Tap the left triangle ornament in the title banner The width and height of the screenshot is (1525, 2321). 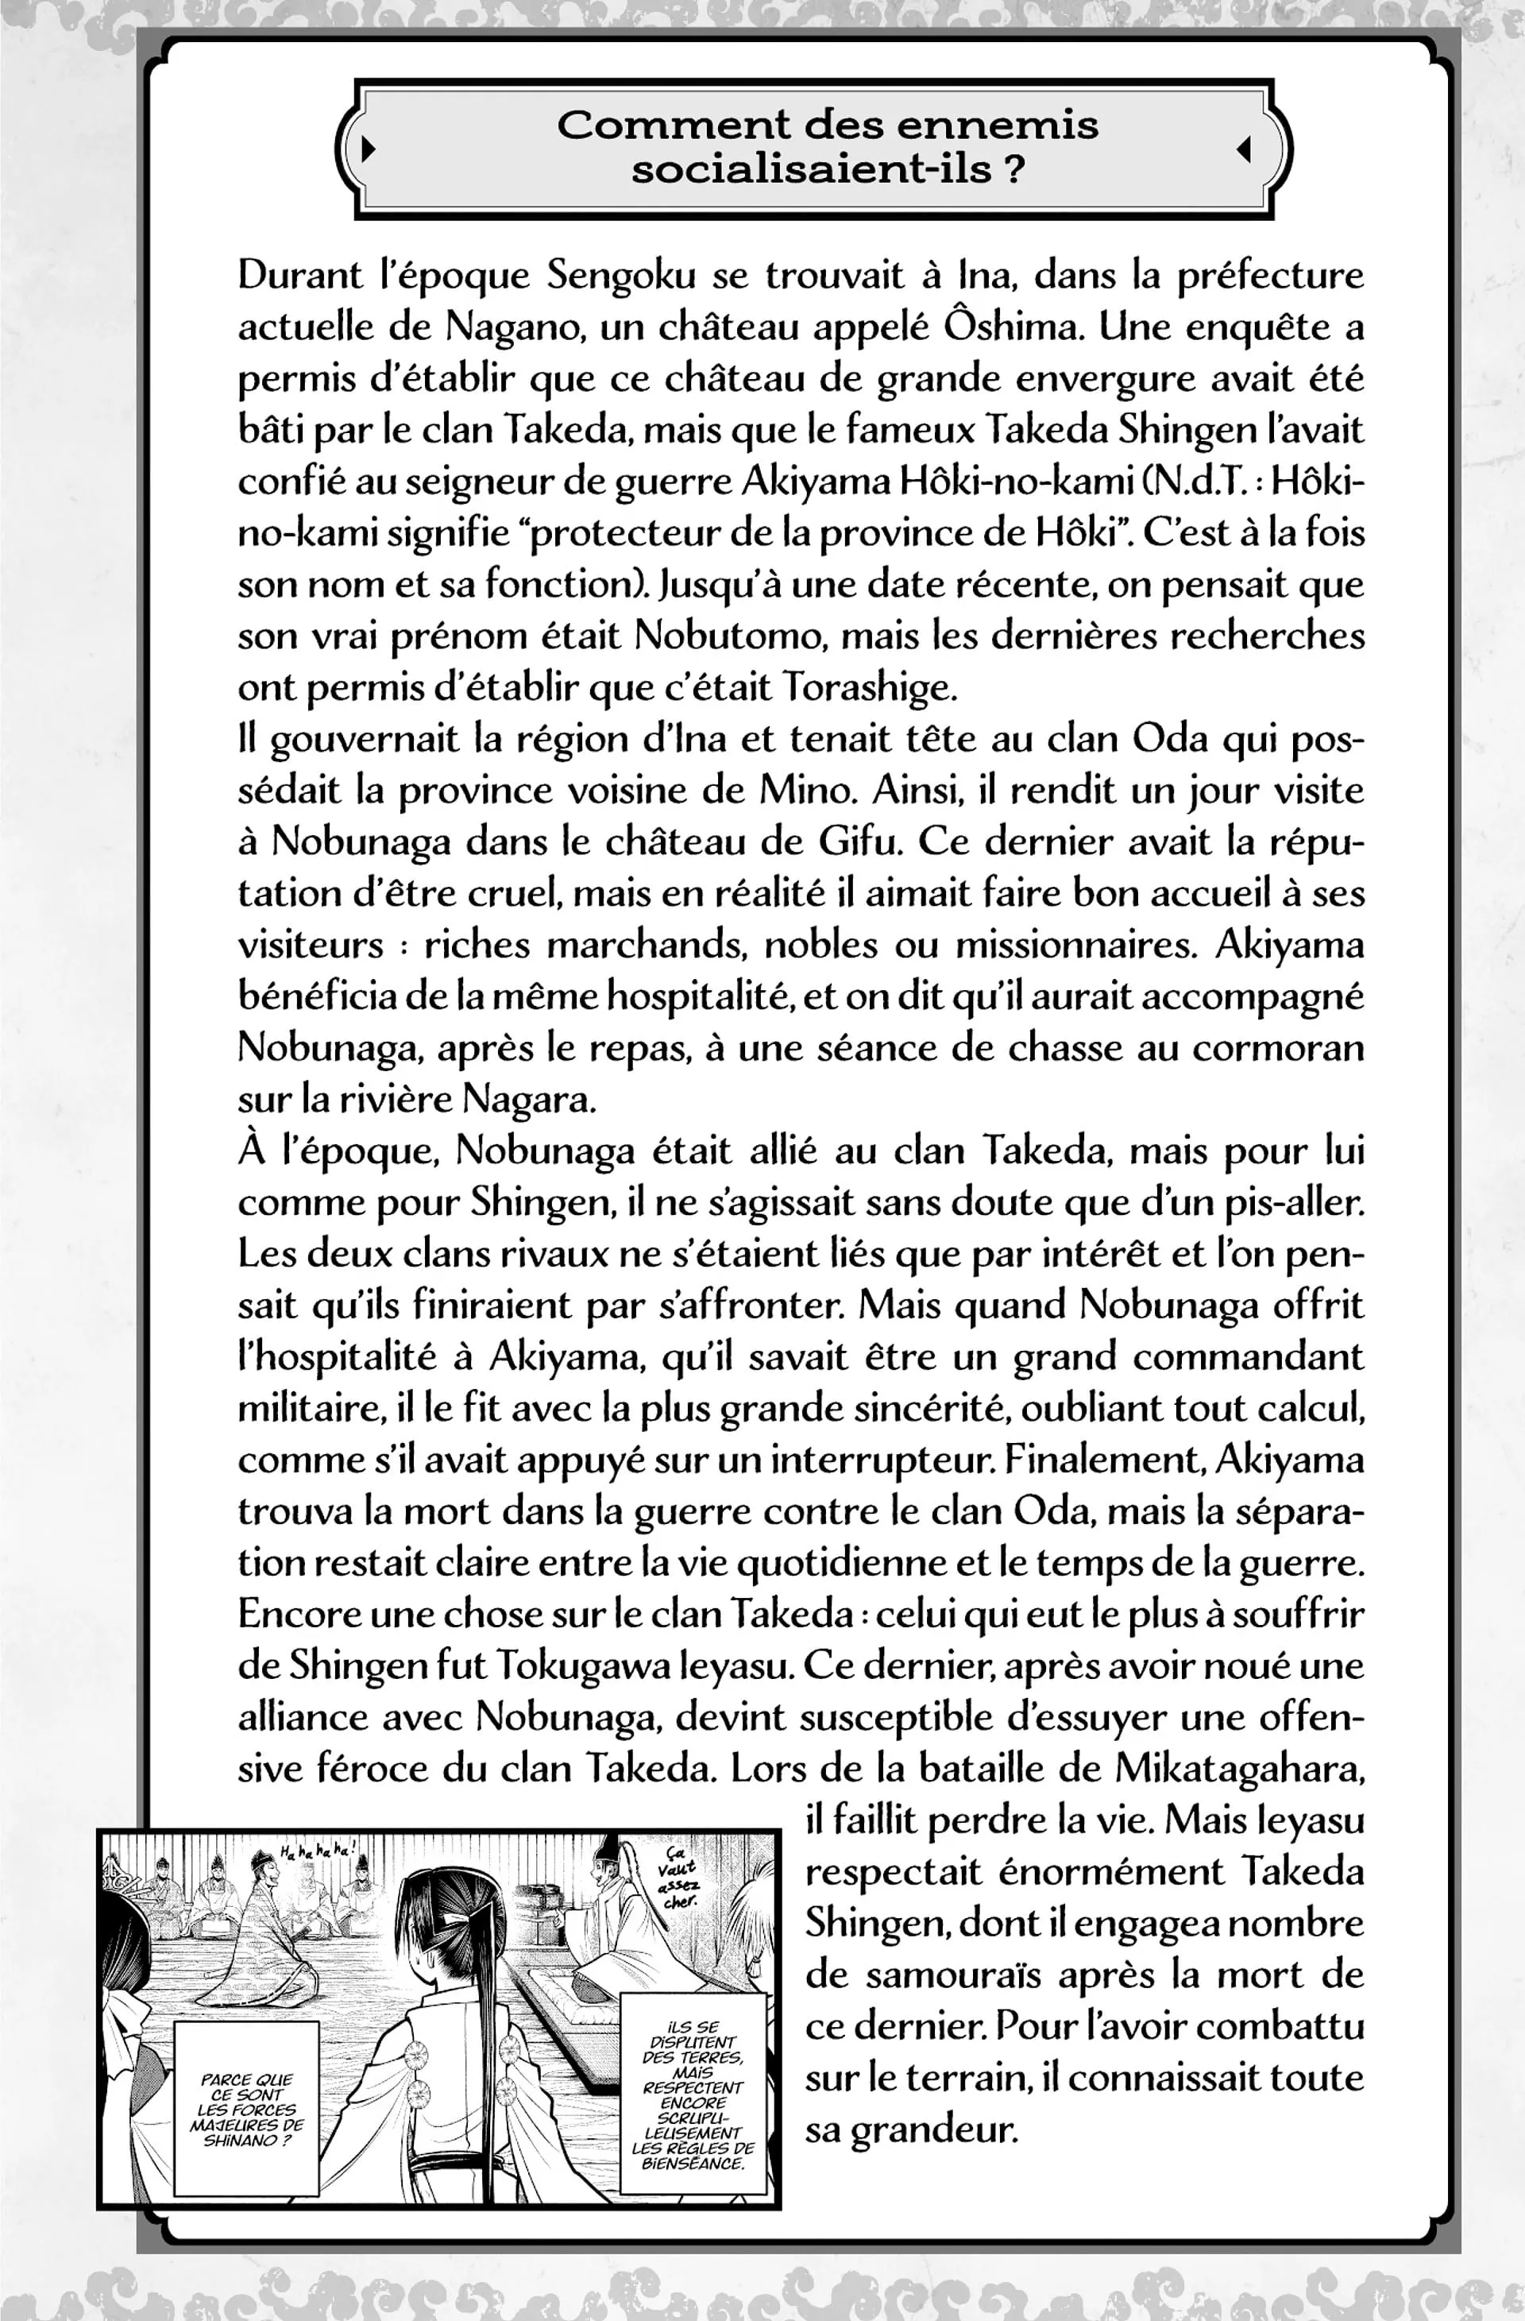tap(368, 149)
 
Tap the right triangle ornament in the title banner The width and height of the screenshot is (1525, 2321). tap(1243, 149)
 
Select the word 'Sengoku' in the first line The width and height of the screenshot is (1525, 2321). tap(621, 275)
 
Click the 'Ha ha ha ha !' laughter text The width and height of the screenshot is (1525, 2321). tap(317, 1851)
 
